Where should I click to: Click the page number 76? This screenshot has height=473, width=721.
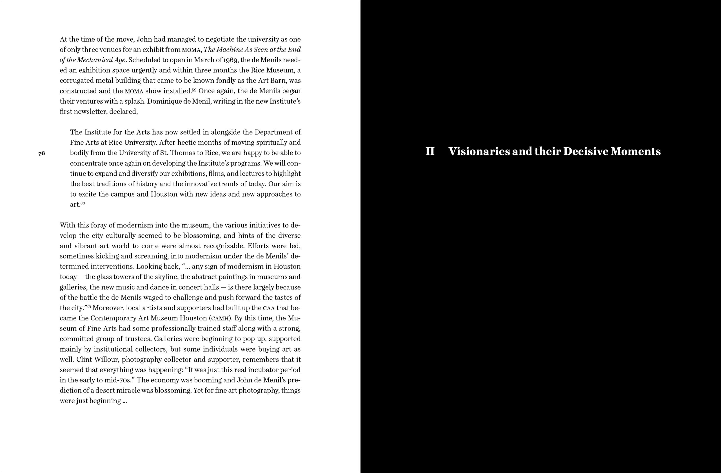(41, 153)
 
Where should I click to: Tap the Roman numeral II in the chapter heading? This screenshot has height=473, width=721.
(430, 151)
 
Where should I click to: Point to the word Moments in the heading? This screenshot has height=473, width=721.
(635, 151)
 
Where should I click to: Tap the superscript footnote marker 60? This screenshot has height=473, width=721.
(83, 203)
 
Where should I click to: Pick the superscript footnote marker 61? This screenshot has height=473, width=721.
(89, 306)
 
